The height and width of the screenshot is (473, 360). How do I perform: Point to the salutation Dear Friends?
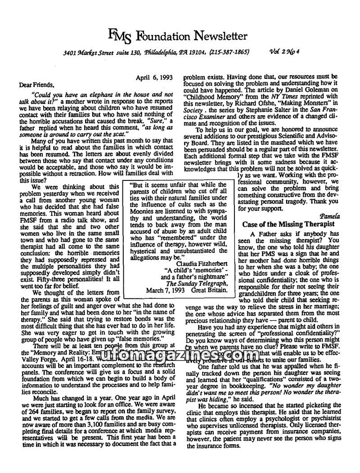[36, 84]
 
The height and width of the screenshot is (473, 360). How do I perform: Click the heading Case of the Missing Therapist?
[288, 224]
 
